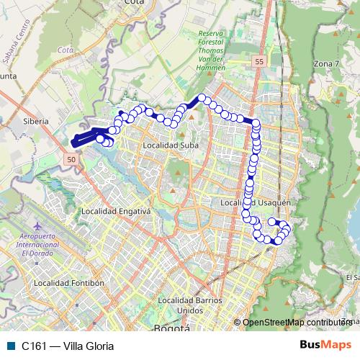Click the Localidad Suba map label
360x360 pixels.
point(171,145)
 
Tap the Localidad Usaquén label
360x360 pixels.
point(248,204)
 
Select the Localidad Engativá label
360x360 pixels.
point(115,212)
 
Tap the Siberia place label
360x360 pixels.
point(35,122)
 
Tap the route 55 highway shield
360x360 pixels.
point(258,63)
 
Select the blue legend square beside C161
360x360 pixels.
point(11,346)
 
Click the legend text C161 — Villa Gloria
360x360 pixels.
point(68,346)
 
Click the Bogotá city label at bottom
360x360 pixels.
point(172,328)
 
